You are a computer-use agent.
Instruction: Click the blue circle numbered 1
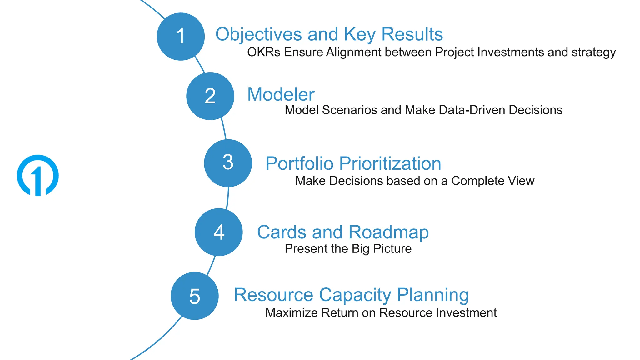point(181,37)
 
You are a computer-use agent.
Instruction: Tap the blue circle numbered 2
point(210,96)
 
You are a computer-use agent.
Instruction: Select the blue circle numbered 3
point(228,163)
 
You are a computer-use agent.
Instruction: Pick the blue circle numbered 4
point(218,232)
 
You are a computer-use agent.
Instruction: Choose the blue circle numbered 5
point(194,296)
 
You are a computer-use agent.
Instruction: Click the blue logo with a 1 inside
point(38,175)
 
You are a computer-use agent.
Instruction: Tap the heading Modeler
point(281,94)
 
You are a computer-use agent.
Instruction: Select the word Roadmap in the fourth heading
point(388,232)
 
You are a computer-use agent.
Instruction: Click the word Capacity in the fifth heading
point(355,295)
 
